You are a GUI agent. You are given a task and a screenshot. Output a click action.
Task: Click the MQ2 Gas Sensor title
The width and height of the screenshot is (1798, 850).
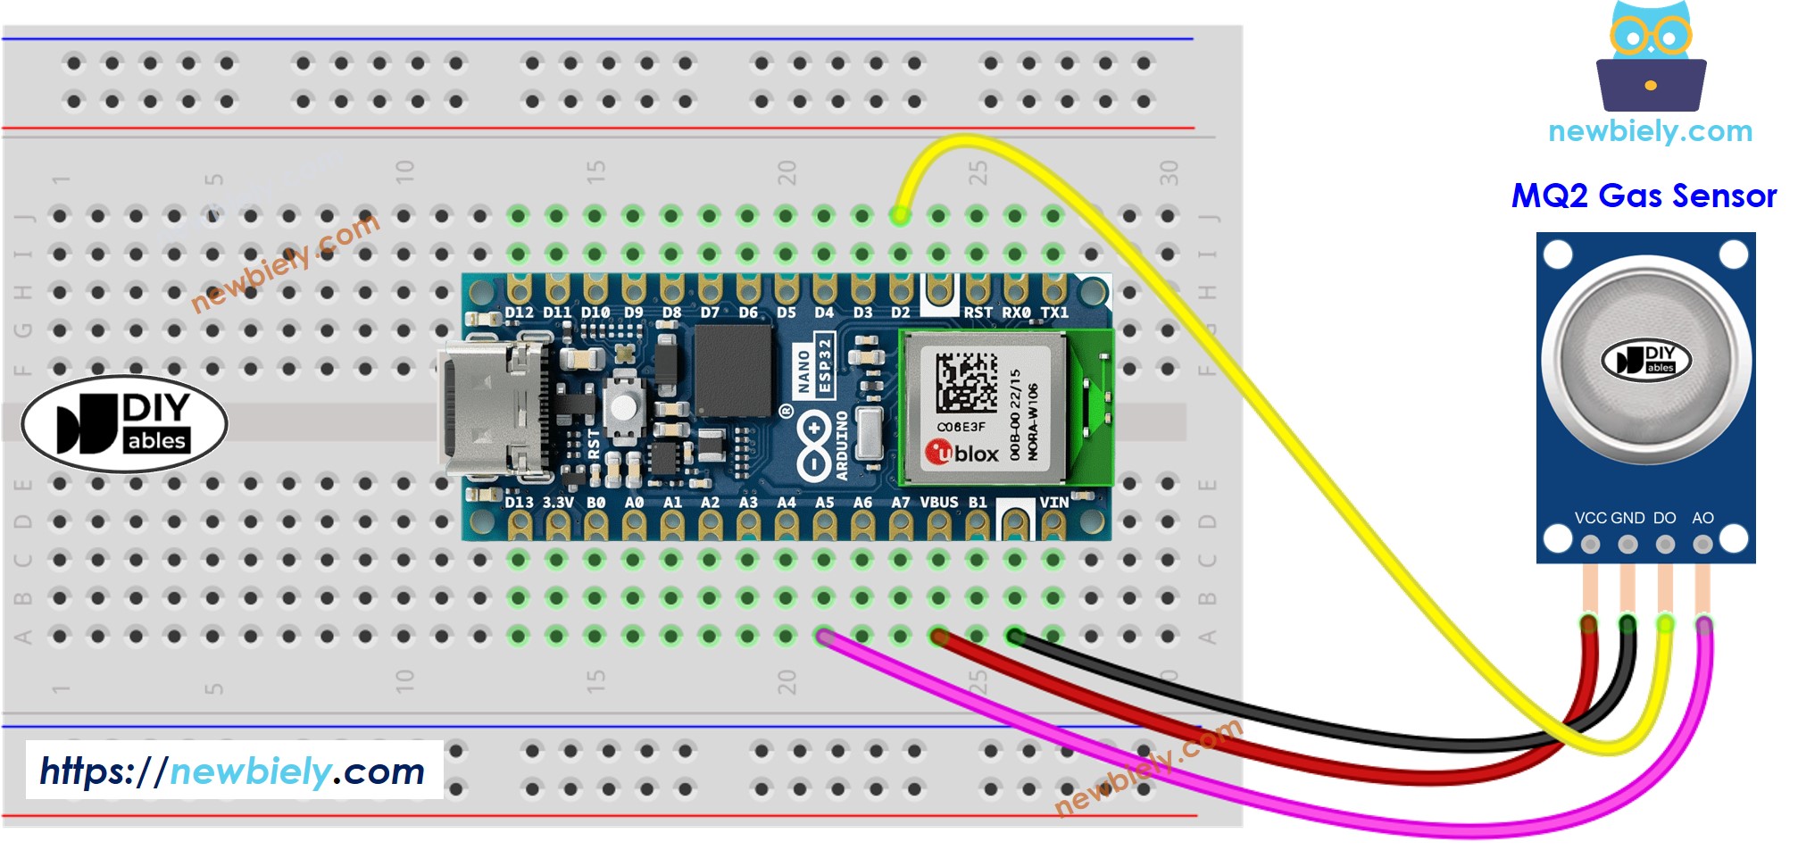click(1644, 196)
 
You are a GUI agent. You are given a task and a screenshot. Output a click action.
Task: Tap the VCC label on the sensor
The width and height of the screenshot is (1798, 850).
click(1590, 518)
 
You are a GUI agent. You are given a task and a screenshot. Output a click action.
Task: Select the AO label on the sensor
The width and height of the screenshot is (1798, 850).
click(1702, 518)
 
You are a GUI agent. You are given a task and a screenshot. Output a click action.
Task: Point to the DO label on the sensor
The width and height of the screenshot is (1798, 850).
click(1664, 518)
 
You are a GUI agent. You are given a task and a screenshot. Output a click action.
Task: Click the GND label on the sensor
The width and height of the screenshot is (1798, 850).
click(1627, 518)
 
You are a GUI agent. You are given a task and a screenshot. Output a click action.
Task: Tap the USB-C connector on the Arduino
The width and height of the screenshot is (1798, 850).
click(487, 409)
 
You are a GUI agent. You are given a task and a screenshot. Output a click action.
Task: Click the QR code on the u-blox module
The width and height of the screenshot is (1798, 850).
click(966, 382)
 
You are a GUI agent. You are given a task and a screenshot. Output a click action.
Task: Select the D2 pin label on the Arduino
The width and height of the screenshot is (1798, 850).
click(900, 312)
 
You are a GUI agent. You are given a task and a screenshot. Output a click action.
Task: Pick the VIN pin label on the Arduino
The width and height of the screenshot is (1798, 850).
click(1053, 503)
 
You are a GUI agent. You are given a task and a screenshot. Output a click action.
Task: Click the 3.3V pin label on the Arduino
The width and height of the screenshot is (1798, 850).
click(558, 503)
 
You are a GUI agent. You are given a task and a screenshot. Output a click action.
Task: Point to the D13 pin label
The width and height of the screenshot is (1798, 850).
click(519, 503)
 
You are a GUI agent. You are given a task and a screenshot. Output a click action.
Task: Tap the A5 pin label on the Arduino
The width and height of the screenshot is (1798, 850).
click(824, 503)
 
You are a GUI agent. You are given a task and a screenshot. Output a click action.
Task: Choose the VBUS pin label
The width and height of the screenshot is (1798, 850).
click(938, 503)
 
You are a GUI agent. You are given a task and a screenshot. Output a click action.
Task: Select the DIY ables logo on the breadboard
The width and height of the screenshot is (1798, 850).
click(124, 423)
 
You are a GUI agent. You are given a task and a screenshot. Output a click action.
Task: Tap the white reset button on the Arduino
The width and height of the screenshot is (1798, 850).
click(624, 407)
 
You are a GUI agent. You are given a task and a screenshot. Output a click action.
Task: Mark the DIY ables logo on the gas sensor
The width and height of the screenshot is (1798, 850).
click(1646, 359)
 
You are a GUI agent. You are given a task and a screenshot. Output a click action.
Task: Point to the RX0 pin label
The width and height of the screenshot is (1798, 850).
click(1016, 312)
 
